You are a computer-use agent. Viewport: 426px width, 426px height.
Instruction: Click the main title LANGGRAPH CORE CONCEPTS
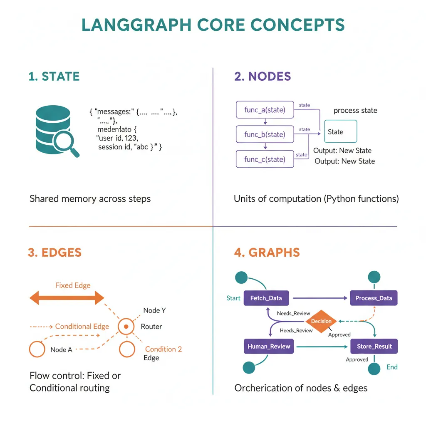click(x=213, y=25)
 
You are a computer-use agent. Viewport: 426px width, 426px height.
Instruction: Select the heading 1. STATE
click(x=54, y=77)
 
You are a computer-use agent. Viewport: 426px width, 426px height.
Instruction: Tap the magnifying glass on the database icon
click(x=67, y=143)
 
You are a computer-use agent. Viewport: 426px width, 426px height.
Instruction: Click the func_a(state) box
click(x=265, y=110)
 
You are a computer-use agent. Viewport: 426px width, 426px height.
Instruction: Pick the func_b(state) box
click(x=265, y=134)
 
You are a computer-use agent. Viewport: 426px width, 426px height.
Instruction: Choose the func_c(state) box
click(x=265, y=159)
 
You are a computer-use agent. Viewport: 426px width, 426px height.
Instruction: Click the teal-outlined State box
click(x=340, y=132)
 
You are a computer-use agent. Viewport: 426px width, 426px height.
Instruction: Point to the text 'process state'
click(x=355, y=111)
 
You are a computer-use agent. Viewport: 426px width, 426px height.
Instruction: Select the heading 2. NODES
click(x=263, y=77)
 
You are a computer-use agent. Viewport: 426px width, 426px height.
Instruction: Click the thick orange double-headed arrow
click(x=67, y=298)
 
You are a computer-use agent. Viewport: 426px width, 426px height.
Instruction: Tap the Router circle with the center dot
click(x=125, y=327)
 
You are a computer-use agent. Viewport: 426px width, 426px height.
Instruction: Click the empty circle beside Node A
click(x=37, y=349)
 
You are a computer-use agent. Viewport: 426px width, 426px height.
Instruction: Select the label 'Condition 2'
click(x=163, y=349)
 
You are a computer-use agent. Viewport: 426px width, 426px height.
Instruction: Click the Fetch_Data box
click(x=266, y=298)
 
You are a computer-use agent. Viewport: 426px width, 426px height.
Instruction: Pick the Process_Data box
click(x=374, y=298)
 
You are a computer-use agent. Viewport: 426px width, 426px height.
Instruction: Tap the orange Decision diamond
click(x=322, y=321)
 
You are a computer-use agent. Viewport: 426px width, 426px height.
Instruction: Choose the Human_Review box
click(x=269, y=346)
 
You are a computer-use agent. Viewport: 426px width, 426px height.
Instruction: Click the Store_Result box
click(x=374, y=346)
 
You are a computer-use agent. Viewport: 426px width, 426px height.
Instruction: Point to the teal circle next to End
click(x=374, y=368)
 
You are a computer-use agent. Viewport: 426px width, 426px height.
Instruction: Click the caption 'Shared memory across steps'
click(x=90, y=199)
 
